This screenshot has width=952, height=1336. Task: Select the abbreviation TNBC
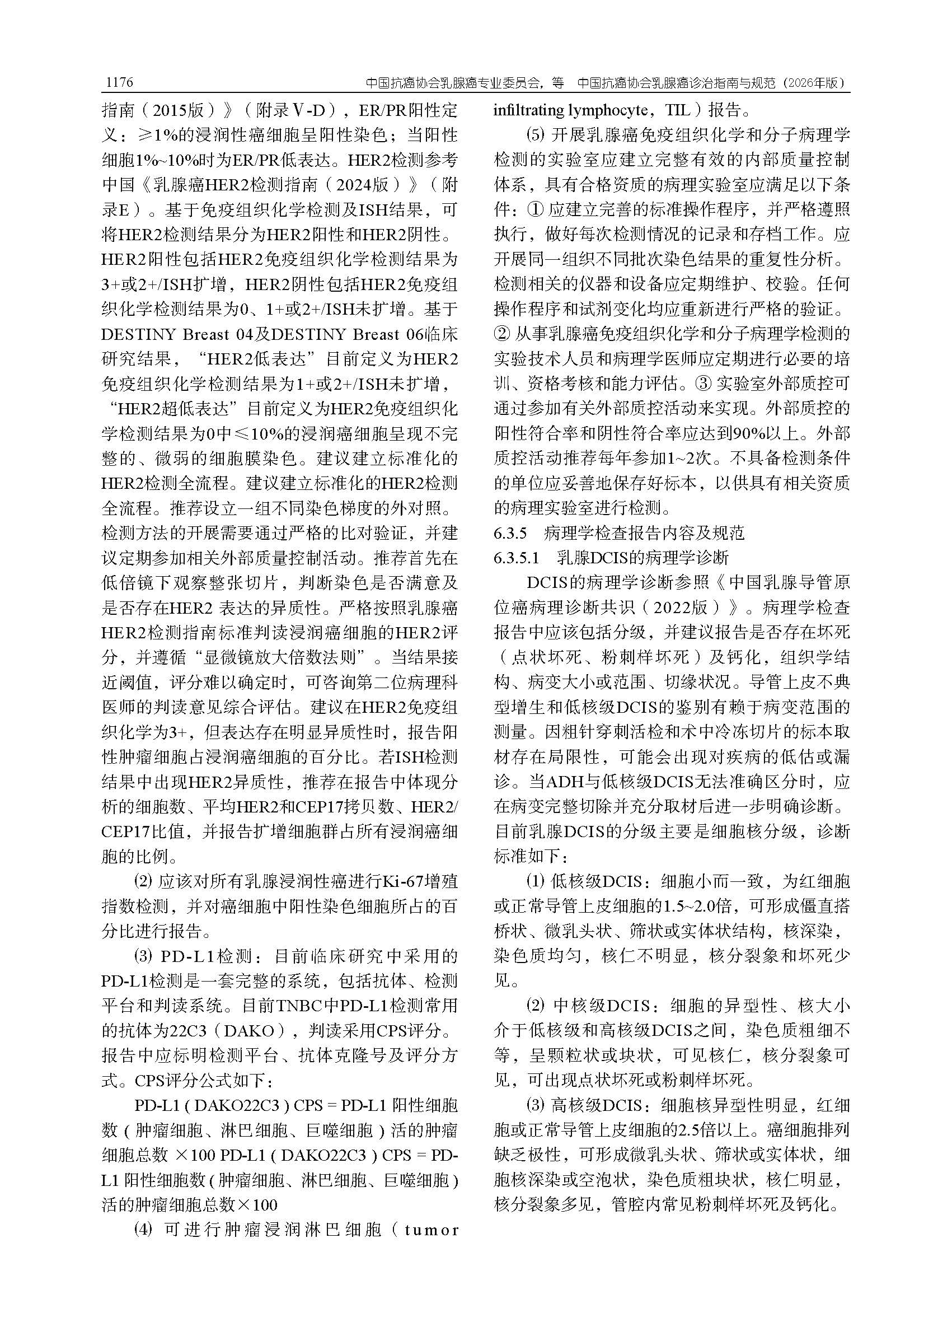coord(299,1006)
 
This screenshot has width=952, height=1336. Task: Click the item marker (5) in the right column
coord(535,135)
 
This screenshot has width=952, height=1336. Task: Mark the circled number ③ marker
coord(702,384)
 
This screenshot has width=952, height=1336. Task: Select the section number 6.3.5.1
coord(516,558)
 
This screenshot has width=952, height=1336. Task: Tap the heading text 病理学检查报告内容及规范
coord(644,532)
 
